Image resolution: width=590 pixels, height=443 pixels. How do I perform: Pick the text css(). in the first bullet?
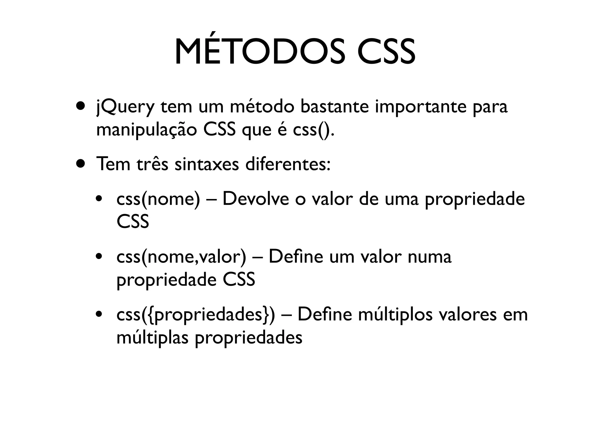coord(314,130)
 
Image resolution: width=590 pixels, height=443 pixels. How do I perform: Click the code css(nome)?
coord(158,199)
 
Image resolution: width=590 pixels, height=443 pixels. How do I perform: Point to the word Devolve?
coord(256,199)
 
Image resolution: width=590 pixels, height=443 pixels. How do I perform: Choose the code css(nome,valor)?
coord(181,257)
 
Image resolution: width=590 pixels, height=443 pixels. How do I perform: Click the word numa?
coord(430,257)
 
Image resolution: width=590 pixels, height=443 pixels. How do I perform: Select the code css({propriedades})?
coord(196,315)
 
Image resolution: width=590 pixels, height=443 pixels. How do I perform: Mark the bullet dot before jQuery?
coord(81,106)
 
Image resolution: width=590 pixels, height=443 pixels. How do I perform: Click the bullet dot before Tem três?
coord(81,164)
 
